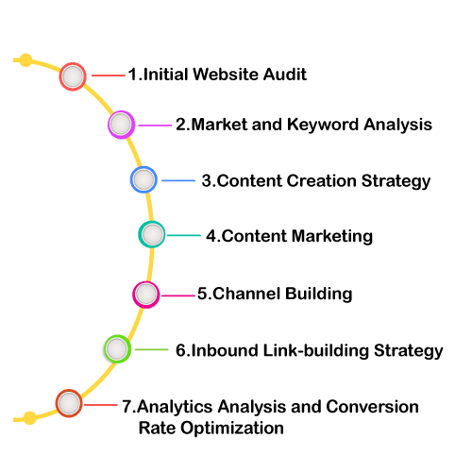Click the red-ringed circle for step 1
click(73, 76)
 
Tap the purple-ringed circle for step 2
click(121, 125)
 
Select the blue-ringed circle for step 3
click(143, 179)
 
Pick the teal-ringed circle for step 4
click(152, 234)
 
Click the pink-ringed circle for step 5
click(146, 295)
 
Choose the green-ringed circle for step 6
click(117, 349)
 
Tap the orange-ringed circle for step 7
click(69, 403)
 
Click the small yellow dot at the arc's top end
click(25, 60)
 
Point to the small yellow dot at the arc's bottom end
click(30, 418)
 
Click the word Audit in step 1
click(285, 75)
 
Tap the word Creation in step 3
click(321, 181)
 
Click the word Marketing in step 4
click(332, 237)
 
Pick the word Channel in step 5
click(246, 294)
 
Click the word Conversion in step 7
click(372, 407)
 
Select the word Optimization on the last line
click(232, 429)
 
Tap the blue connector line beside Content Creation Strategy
click(178, 180)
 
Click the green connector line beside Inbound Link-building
click(152, 349)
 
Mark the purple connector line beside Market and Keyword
click(155, 126)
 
